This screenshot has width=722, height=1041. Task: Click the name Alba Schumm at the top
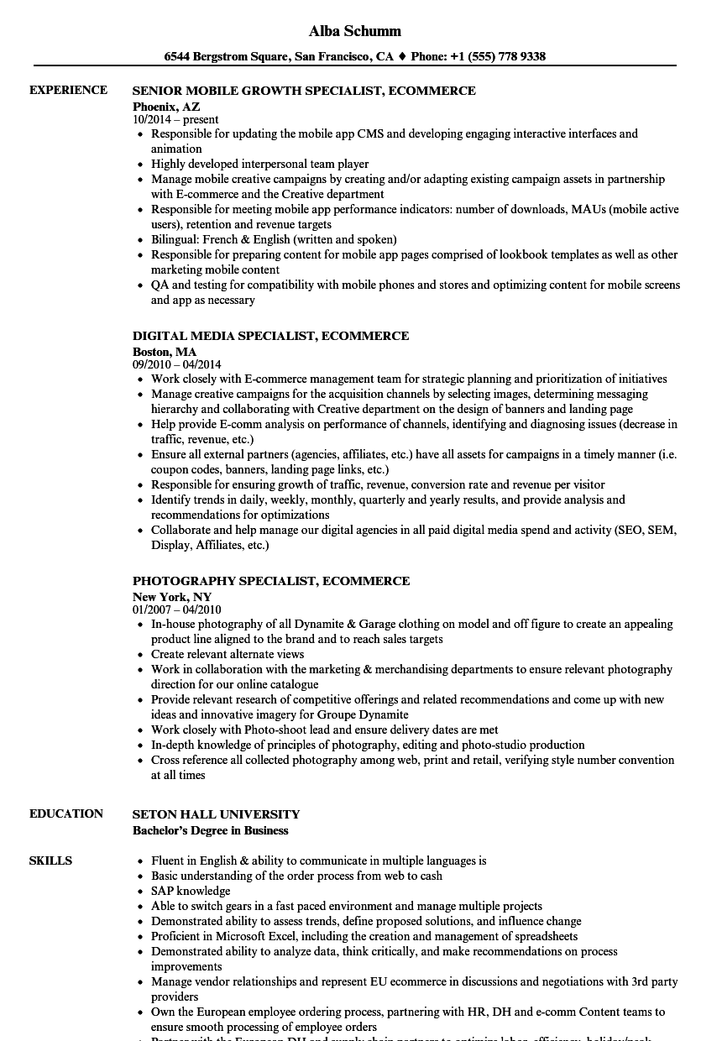pos(355,31)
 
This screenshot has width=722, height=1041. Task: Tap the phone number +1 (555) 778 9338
pos(497,57)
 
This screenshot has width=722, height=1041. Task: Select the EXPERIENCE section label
pos(68,90)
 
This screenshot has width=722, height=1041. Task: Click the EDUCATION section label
pos(66,813)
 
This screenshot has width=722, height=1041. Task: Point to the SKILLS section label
pos(50,861)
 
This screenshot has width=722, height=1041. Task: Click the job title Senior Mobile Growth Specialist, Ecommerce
pos(304,91)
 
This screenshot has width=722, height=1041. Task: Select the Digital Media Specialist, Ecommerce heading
pos(271,336)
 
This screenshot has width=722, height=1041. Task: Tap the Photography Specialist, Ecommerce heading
pos(271,581)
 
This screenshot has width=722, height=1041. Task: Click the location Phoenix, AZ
pos(166,107)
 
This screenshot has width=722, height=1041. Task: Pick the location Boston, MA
pos(165,352)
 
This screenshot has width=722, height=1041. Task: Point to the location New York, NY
pos(172,597)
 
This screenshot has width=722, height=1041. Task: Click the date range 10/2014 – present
pos(175,120)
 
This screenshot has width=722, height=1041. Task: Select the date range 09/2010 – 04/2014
pos(177,365)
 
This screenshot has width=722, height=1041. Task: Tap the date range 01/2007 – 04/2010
pos(177,610)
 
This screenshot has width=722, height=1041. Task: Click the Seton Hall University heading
pos(216,814)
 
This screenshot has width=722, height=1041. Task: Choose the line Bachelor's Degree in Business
pos(211,830)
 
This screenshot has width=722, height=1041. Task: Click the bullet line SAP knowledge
pos(191,891)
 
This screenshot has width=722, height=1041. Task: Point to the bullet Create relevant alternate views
pos(228,654)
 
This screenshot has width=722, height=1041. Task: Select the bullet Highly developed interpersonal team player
pos(259,164)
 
